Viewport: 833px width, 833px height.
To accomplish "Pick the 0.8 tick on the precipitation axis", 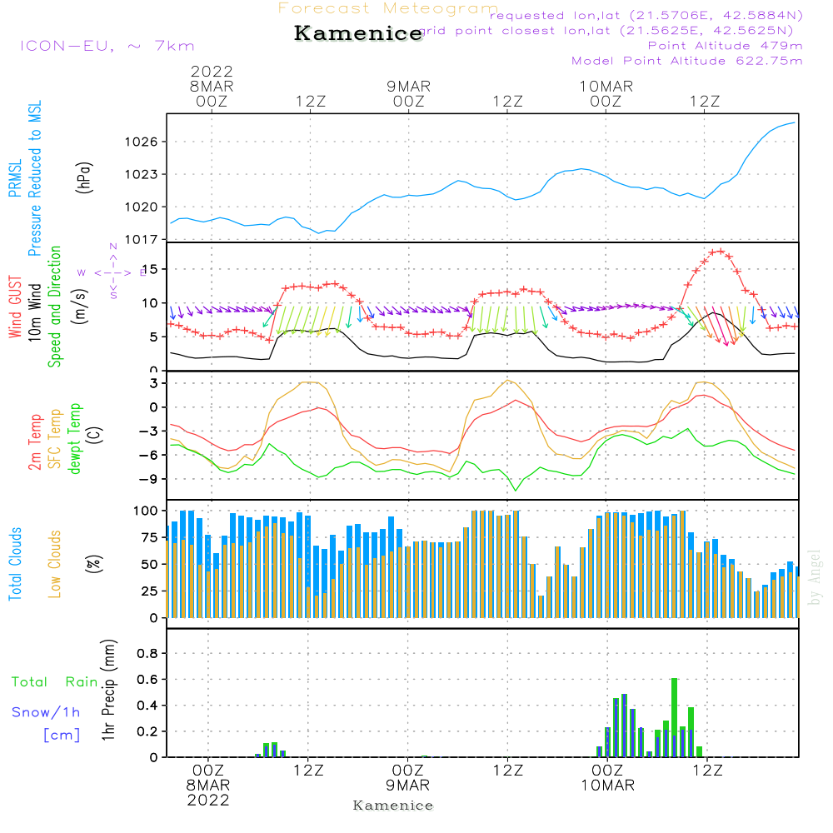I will [147, 653].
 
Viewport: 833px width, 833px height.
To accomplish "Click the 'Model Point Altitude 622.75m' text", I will [687, 61].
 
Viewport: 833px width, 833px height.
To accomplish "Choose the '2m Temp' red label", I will [35, 440].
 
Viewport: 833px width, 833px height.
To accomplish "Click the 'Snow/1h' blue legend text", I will [47, 712].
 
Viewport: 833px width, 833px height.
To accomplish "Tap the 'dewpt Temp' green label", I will [75, 439].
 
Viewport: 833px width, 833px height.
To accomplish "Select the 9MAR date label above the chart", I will [408, 87].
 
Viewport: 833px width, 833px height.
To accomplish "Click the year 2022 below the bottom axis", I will [209, 800].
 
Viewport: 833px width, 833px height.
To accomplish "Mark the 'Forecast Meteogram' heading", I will [388, 8].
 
